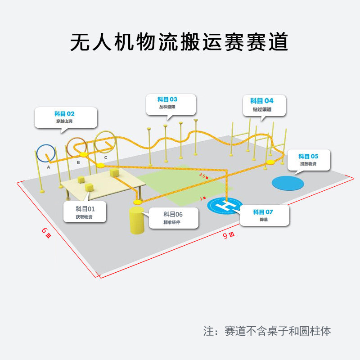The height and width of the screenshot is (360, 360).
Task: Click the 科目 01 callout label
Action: [x=85, y=211]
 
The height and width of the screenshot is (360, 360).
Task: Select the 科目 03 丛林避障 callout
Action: [x=171, y=104]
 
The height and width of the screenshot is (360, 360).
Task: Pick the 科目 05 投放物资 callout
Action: [x=308, y=160]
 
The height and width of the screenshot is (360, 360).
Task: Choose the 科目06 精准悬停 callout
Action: [x=173, y=218]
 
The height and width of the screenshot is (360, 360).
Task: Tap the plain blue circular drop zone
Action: [x=288, y=183]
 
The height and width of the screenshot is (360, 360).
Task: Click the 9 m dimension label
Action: [x=229, y=235]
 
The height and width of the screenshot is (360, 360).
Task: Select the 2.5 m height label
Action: [x=204, y=176]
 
